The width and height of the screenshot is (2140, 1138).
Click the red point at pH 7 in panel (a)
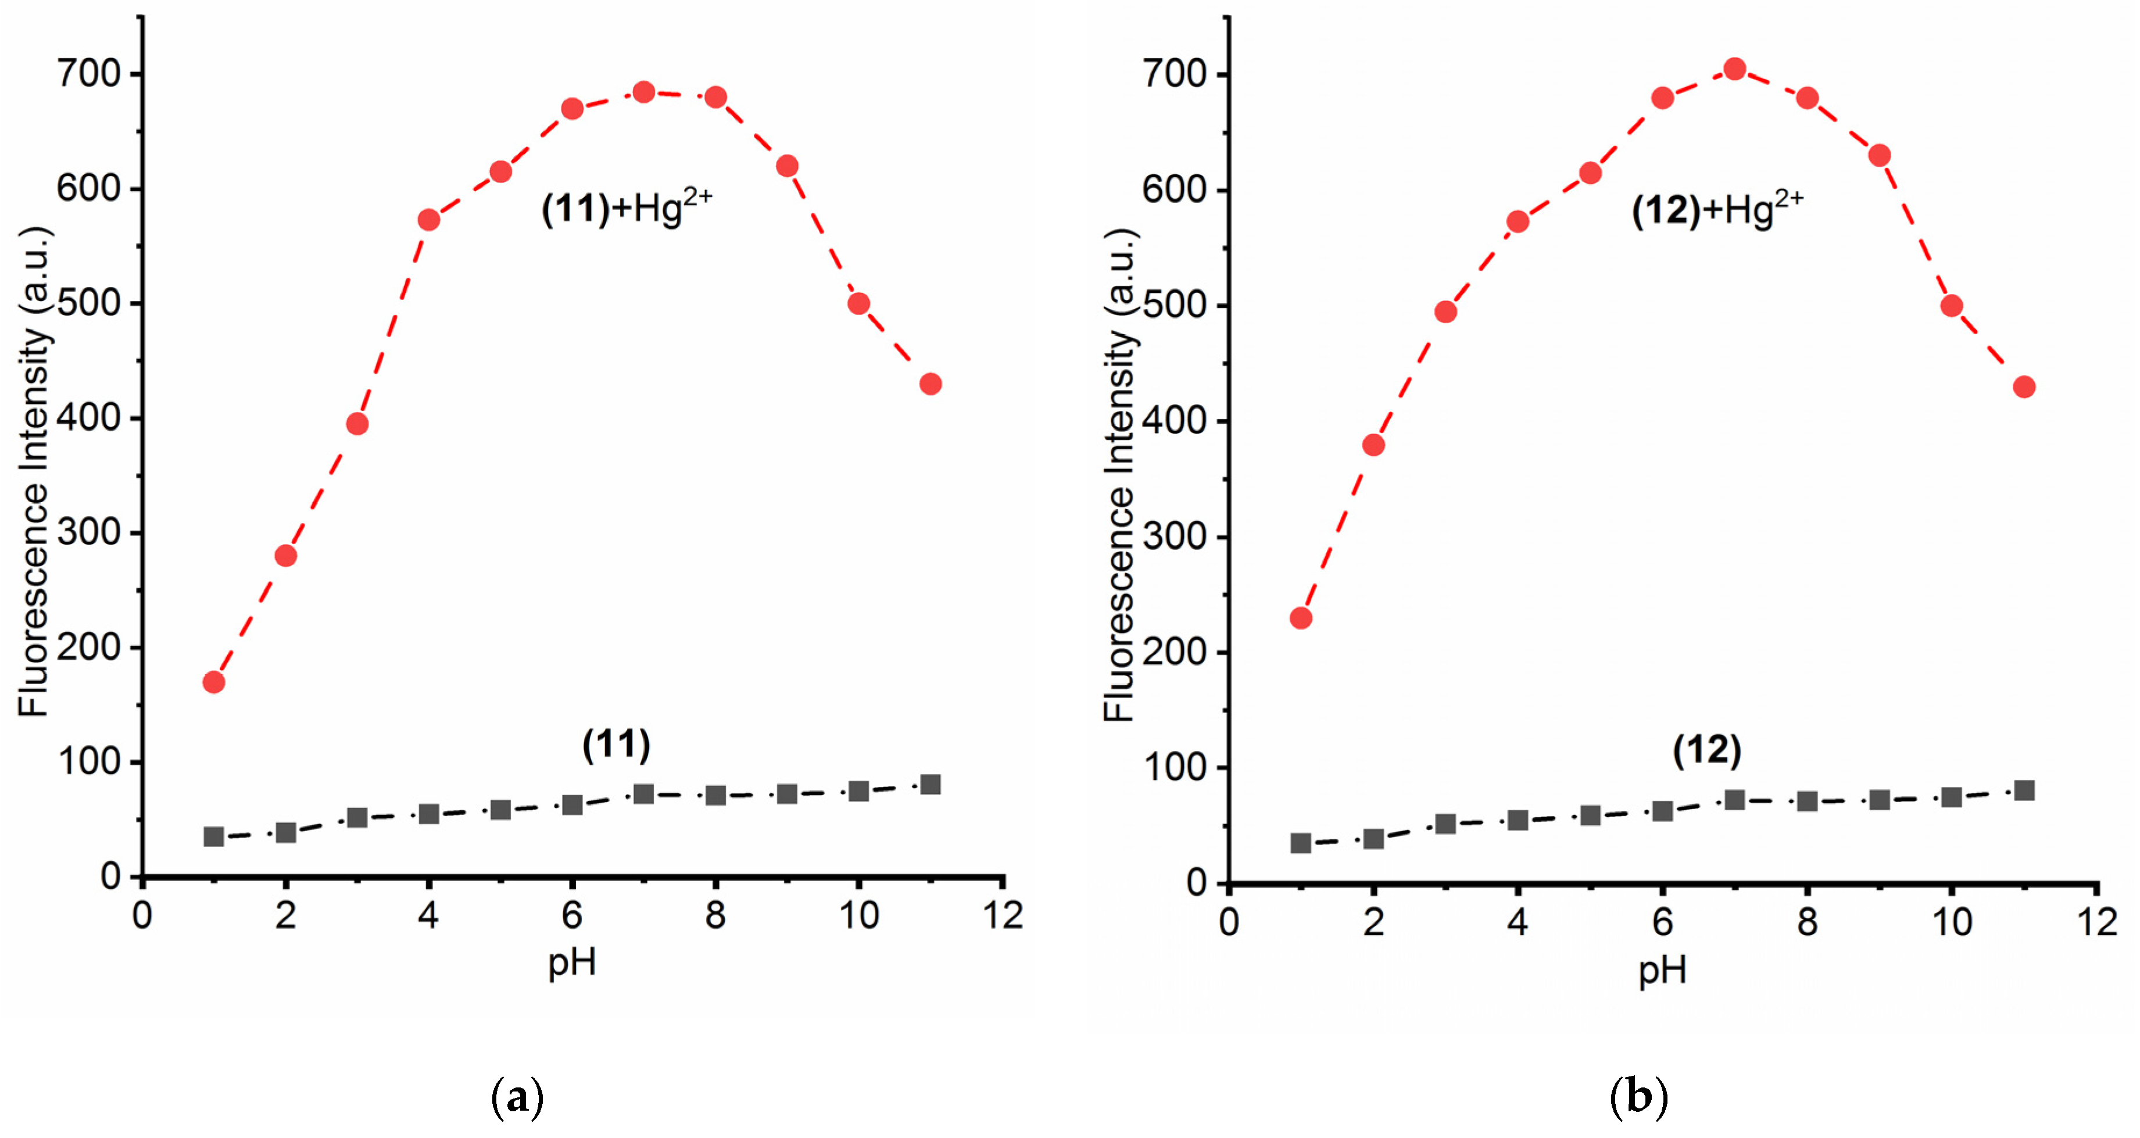(643, 92)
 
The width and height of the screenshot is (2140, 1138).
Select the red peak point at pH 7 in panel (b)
(1734, 69)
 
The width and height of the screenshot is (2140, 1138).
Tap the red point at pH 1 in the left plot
(213, 682)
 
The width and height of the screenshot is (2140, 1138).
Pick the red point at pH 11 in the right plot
(2024, 387)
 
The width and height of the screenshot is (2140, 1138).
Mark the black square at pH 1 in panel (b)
(1300, 843)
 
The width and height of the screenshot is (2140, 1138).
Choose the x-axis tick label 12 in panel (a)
(1003, 915)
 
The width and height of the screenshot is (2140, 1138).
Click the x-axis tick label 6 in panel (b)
(1662, 921)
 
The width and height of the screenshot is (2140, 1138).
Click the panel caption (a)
(517, 1098)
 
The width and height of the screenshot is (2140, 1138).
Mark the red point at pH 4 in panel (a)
(429, 220)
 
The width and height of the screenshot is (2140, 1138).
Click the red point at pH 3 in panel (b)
(1445, 312)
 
